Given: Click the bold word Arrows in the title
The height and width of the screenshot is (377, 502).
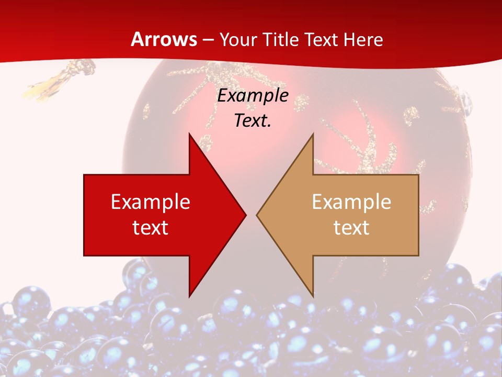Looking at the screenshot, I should (x=164, y=39).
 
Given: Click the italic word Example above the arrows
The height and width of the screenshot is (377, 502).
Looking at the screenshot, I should (x=253, y=96).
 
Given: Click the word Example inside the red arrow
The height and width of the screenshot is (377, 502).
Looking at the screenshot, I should (x=151, y=202).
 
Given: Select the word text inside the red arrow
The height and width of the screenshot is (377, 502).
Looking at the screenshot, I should (x=151, y=227).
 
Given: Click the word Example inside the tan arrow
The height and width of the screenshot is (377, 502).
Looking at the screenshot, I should (x=351, y=202).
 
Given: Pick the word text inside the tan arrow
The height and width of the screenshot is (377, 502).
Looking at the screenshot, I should (x=351, y=227).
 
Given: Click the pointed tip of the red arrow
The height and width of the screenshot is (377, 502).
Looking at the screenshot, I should (x=245, y=215).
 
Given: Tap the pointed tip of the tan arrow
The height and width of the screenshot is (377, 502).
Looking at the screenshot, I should (x=257, y=215).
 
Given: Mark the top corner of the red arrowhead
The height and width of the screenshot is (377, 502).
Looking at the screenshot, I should (x=189, y=134).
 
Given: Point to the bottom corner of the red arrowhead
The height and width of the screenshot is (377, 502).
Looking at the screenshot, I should (x=189, y=296).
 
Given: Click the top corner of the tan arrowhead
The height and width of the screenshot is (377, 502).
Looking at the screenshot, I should (x=313, y=134).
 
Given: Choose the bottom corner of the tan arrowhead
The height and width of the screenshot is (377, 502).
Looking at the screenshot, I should (x=313, y=296).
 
